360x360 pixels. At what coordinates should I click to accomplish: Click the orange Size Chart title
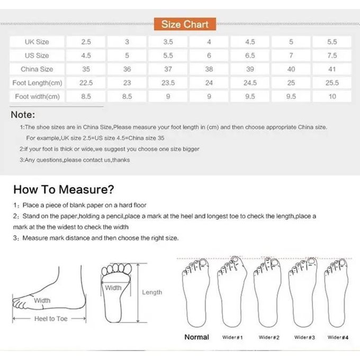point(185,24)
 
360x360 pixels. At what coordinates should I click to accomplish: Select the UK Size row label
point(37,41)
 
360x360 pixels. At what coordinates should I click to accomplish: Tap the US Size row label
point(37,55)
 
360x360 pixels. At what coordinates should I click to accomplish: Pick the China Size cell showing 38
point(209,69)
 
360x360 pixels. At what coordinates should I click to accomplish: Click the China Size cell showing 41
point(332,69)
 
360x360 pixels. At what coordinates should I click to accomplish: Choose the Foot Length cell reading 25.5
point(332,83)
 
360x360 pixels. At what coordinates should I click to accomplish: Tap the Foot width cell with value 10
point(332,96)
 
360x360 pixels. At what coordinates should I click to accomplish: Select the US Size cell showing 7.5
point(332,55)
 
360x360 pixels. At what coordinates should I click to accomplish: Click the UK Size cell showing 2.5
point(86,41)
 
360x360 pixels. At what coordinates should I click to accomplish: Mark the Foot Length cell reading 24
point(209,83)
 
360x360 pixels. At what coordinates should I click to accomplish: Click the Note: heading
point(23,114)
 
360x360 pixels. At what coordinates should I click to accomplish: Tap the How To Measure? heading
point(64,190)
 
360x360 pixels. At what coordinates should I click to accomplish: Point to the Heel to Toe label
point(51,319)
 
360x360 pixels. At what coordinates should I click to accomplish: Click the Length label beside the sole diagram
point(152,292)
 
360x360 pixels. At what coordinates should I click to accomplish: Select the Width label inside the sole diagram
point(113,288)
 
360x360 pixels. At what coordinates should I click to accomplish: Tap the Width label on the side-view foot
point(42,301)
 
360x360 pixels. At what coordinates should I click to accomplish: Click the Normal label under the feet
point(196,337)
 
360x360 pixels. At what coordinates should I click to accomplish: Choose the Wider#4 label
point(338,337)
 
